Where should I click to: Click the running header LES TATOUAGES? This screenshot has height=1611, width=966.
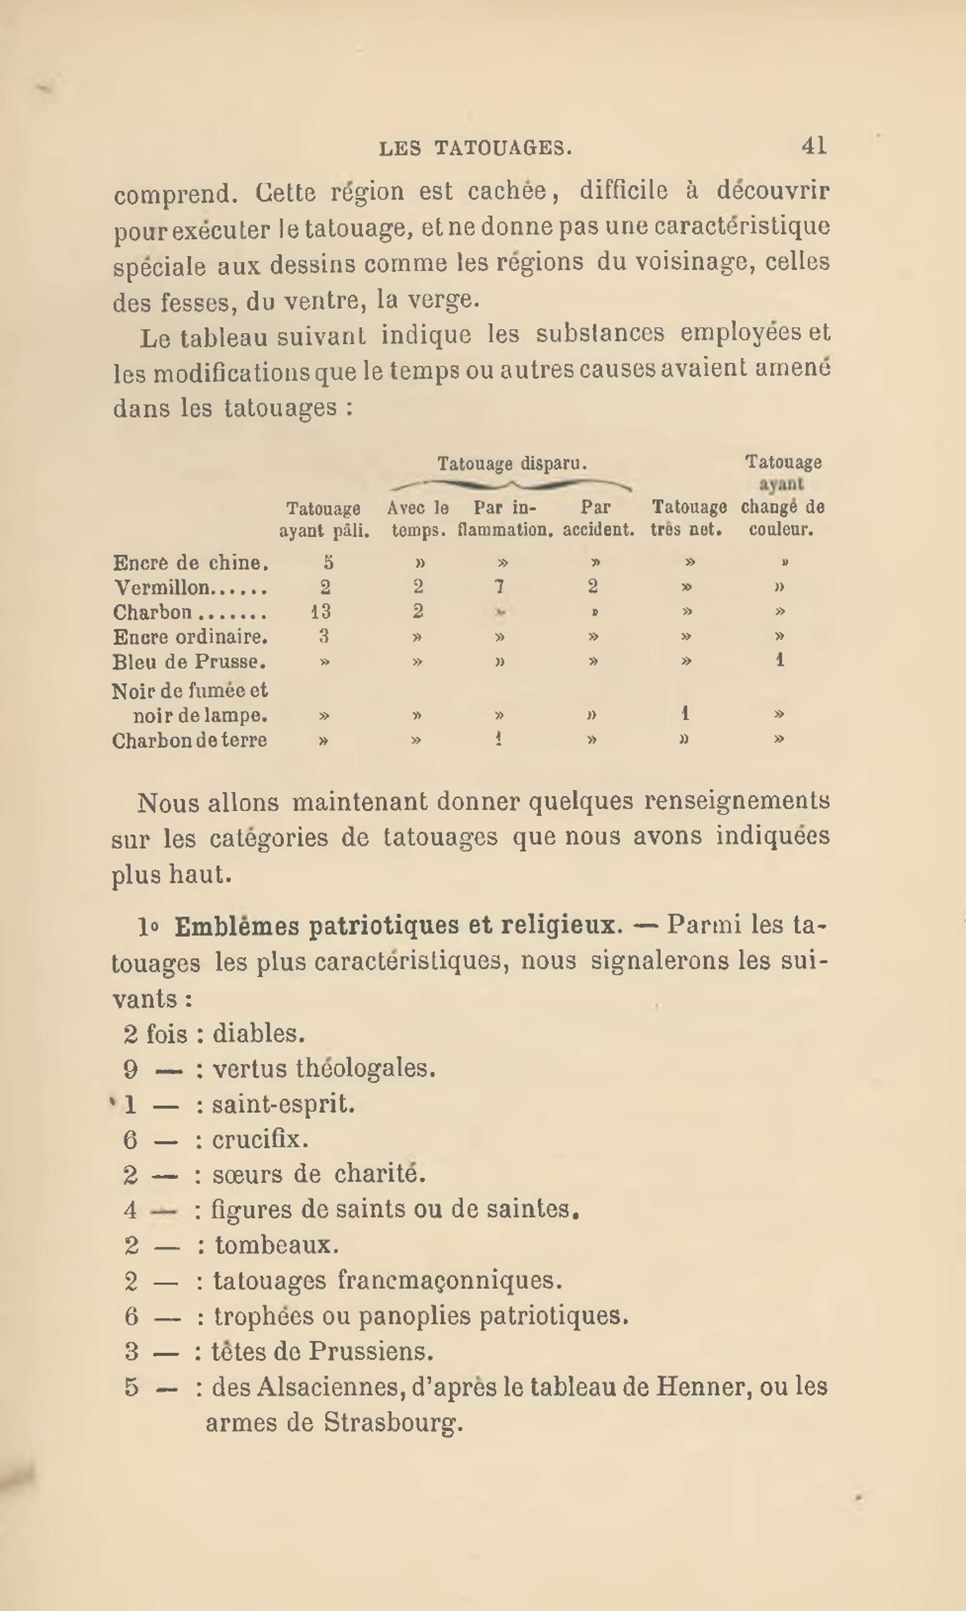pos(475,148)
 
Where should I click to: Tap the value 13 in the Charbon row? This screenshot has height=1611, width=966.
pos(321,611)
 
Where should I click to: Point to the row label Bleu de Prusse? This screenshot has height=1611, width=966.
pos(189,662)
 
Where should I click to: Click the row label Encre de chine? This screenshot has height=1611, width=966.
pos(191,562)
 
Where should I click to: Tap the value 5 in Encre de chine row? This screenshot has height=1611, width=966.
pos(329,562)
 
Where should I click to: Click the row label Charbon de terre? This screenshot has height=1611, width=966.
pos(189,740)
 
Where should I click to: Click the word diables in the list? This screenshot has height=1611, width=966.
pos(258,1034)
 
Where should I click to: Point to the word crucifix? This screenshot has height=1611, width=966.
pos(260,1139)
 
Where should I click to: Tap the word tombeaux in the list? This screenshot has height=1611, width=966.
pos(277,1245)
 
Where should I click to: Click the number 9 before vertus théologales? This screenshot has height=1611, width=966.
pos(131,1069)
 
